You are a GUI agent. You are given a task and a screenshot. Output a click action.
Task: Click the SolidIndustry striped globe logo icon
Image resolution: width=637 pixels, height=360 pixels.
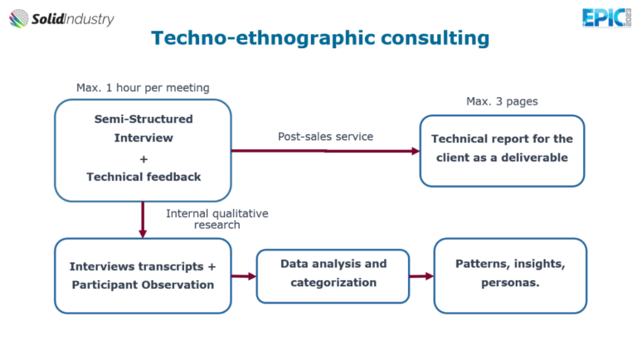tap(19, 19)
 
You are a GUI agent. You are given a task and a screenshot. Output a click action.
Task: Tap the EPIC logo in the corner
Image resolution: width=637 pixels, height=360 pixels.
tap(606, 18)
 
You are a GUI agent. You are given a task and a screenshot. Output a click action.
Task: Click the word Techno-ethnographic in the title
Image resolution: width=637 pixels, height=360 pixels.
tap(263, 38)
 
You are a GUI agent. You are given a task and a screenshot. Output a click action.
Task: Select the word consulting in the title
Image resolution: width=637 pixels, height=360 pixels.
tap(435, 38)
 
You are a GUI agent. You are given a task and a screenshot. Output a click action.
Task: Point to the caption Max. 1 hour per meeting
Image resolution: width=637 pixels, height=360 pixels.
tap(143, 88)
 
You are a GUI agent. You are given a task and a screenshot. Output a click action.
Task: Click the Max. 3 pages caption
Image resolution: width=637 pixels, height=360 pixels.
tap(502, 101)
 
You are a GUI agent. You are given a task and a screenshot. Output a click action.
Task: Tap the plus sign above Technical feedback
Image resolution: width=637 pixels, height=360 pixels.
tap(143, 159)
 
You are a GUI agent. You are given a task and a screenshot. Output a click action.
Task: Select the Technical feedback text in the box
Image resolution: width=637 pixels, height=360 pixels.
tap(143, 177)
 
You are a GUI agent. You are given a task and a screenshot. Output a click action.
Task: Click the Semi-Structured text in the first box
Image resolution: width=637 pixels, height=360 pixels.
tap(143, 119)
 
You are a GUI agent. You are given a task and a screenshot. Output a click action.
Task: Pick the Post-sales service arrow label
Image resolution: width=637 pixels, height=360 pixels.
tap(325, 137)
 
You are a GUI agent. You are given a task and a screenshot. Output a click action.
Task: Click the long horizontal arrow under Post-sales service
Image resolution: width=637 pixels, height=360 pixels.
tap(325, 151)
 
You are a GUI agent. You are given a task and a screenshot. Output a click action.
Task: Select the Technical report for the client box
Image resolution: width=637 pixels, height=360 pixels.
tap(502, 151)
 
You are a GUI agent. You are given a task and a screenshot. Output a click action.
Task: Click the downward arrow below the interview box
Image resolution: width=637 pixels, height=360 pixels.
tap(143, 220)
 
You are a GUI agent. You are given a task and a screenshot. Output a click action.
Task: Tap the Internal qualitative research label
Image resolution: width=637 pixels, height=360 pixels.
tap(217, 219)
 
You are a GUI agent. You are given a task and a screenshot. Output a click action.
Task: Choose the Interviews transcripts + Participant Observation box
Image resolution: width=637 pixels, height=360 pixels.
tap(143, 276)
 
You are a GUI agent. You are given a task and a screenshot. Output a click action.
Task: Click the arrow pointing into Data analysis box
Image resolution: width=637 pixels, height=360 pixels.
tap(244, 276)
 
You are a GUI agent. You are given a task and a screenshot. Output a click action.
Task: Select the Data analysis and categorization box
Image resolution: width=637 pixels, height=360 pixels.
tap(333, 276)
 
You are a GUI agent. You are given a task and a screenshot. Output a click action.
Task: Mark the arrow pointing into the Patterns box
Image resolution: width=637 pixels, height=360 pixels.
tap(421, 276)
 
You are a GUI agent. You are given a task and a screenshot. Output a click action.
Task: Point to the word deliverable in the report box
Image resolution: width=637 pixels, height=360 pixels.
tap(534, 158)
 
